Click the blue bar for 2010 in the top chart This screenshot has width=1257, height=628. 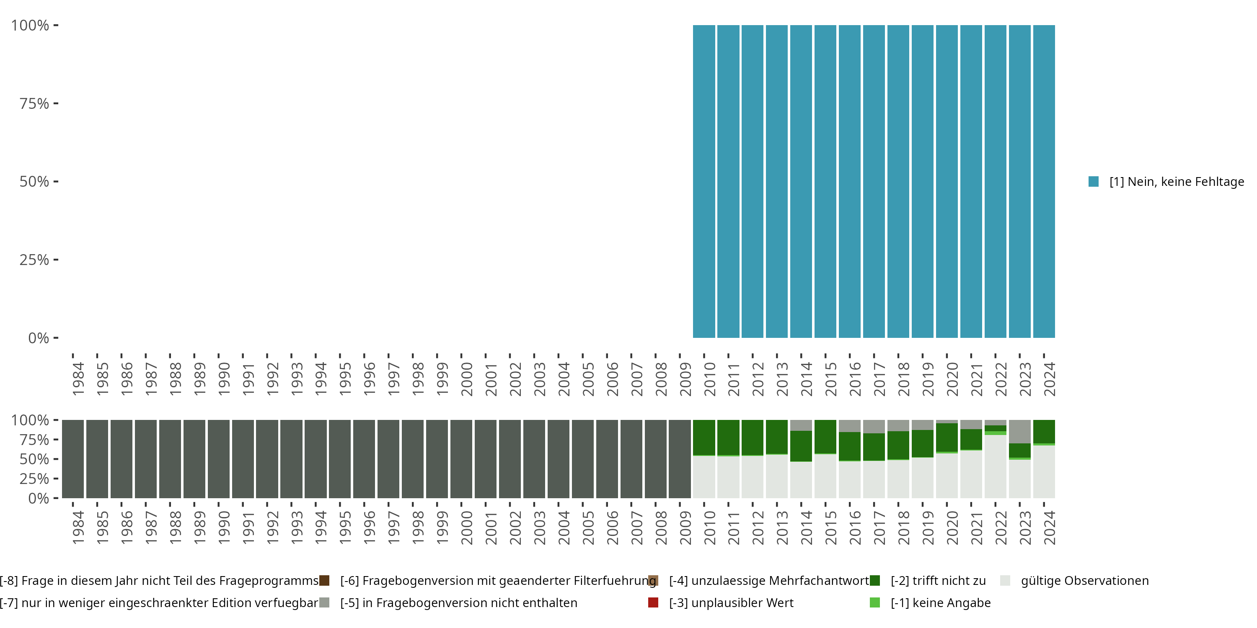tap(704, 181)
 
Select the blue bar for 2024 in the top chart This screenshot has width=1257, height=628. tap(1044, 181)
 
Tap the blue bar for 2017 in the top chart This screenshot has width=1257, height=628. tap(874, 181)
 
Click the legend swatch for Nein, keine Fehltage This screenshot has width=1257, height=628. tap(1094, 182)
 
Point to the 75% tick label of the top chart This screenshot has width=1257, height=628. tap(34, 103)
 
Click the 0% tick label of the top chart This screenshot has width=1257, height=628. tap(39, 338)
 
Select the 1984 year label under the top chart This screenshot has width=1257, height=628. tap(78, 379)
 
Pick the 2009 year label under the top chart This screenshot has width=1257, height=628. tap(685, 379)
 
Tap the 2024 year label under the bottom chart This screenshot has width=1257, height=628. tap(1050, 528)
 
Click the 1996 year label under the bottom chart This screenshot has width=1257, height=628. tap(370, 528)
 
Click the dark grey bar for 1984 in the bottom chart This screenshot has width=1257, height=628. tap(73, 459)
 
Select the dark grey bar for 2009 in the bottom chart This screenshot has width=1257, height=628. tap(680, 459)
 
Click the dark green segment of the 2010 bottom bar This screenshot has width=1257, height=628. tap(704, 438)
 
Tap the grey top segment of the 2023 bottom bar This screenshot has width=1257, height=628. tap(1019, 432)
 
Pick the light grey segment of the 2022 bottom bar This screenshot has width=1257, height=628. tap(996, 466)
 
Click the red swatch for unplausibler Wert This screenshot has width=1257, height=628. tap(653, 602)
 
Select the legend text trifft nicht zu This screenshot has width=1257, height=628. tap(938, 581)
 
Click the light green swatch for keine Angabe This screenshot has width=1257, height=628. tap(875, 602)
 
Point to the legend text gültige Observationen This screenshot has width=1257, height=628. tap(1085, 581)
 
